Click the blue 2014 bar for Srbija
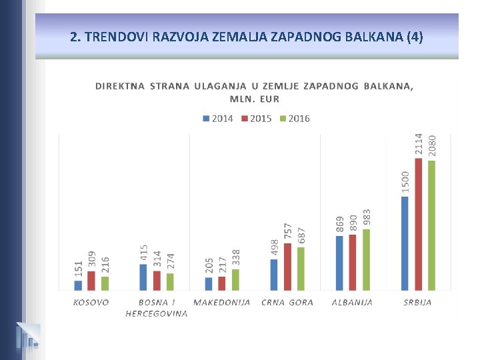pos(405,243)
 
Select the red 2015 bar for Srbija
pos(418,224)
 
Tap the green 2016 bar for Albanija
pos(366,260)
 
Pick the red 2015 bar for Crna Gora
pos(287,267)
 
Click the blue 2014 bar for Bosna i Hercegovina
pos(143,277)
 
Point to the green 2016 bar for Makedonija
pos(235,280)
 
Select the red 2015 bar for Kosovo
pos(91,281)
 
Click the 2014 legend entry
pos(217,119)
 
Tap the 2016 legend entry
pos(294,119)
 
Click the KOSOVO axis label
pos(91,302)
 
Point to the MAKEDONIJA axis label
pos(222,302)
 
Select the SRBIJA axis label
pos(417,302)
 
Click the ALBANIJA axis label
pos(352,302)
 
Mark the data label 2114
pos(419,143)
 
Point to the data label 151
pos(79,269)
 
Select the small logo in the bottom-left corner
pos(27,336)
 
